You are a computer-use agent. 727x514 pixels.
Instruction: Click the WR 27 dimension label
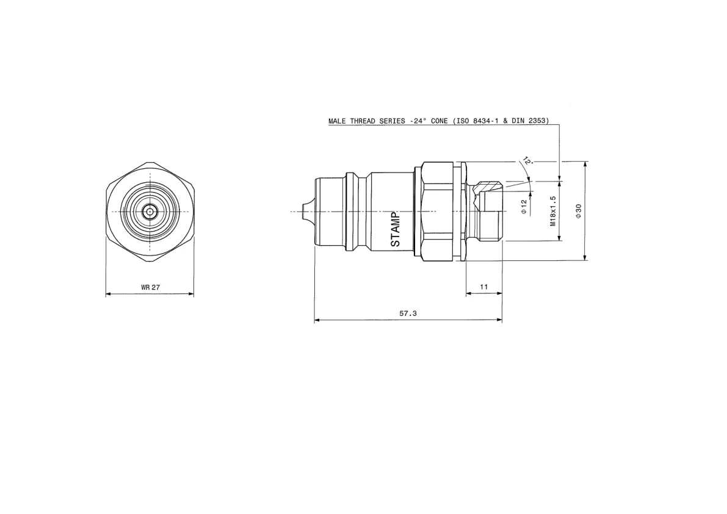coord(150,287)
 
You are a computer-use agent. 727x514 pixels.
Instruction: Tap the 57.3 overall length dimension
coord(408,313)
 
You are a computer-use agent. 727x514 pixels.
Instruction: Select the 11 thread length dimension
coord(483,287)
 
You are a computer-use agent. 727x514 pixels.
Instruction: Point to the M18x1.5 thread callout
coord(552,211)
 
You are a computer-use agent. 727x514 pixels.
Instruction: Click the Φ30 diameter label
coord(578,211)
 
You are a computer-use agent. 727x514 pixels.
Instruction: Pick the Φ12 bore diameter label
coord(524,207)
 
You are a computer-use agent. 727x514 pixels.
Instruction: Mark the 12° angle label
coord(527,161)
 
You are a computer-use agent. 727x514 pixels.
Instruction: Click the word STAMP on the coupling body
coord(395,229)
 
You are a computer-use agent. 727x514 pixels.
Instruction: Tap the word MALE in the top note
coord(337,121)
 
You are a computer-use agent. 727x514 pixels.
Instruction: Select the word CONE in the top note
coord(439,121)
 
